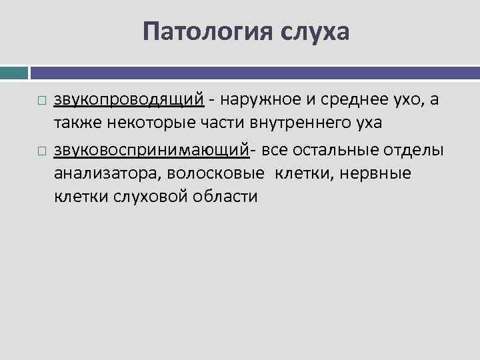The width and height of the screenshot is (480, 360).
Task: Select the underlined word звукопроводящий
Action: (x=129, y=101)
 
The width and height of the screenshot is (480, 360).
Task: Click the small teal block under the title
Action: (x=14, y=72)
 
